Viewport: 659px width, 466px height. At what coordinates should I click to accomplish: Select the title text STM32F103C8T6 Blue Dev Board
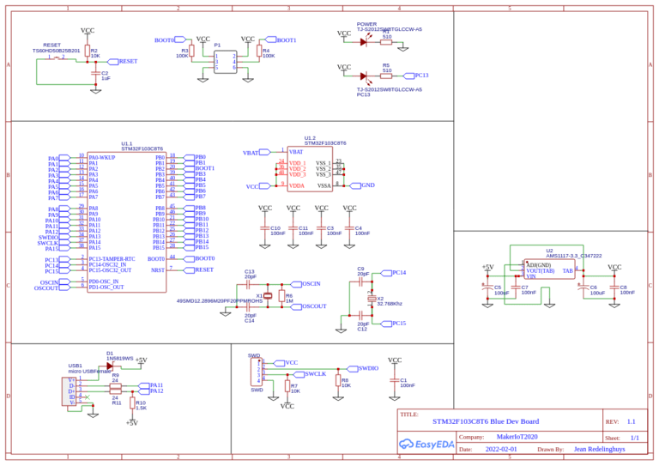[x=486, y=421]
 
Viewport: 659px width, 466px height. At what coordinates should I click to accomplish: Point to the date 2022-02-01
[x=501, y=449]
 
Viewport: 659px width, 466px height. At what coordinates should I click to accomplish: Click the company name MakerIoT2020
[x=518, y=437]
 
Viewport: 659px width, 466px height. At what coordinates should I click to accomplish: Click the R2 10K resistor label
[x=95, y=53]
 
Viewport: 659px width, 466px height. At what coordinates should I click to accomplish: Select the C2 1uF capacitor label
[x=105, y=76]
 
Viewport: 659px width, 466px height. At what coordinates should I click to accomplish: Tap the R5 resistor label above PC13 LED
[x=386, y=68]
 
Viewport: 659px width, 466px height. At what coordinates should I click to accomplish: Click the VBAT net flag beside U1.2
[x=251, y=153]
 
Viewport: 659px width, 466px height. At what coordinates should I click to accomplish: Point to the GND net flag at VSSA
[x=367, y=185]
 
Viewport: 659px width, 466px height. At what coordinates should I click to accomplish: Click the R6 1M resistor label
[x=289, y=298]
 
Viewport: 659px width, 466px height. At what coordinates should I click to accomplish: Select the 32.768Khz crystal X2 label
[x=389, y=301]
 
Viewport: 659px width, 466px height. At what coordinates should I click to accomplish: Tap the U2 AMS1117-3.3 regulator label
[x=573, y=253]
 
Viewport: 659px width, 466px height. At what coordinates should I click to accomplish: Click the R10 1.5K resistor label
[x=141, y=405]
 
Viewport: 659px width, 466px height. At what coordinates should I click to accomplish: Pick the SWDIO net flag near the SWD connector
[x=368, y=368]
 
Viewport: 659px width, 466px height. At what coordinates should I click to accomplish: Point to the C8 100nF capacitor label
[x=627, y=289]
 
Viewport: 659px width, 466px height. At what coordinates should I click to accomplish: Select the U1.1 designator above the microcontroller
[x=127, y=143]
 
